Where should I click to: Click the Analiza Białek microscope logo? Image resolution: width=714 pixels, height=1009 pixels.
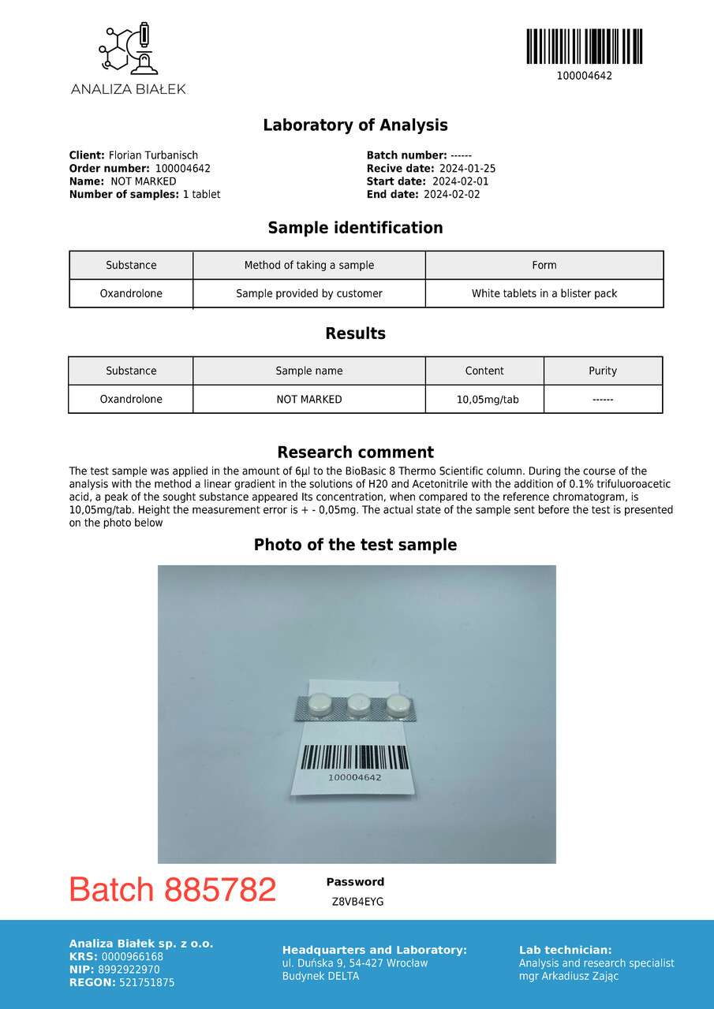128,50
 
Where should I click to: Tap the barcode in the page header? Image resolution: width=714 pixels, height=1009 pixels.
584,47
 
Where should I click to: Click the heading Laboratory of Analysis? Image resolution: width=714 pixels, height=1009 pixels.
355,125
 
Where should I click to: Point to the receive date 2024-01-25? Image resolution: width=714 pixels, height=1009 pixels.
467,169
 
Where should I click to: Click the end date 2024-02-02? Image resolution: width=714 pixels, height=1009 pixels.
451,194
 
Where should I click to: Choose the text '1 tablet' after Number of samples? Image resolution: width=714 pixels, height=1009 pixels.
201,194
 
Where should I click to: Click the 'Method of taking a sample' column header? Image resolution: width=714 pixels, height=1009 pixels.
309,265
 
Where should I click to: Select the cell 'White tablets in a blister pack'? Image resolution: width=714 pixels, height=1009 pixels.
544,293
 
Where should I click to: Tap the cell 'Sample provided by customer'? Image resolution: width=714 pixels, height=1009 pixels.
309,293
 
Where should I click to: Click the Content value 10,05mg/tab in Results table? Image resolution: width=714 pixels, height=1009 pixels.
488,400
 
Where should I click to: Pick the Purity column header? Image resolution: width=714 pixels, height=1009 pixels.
603,370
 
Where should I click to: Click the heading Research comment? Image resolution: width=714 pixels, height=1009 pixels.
355,452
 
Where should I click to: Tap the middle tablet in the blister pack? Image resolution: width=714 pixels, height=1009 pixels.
359,702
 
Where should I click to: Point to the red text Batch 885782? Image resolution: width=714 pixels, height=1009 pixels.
173,890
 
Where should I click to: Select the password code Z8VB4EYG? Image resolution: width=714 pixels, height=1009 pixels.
357,902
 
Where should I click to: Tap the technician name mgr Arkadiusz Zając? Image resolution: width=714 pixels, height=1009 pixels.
569,976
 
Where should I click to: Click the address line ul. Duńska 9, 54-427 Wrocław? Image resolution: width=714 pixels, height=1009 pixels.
355,963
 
